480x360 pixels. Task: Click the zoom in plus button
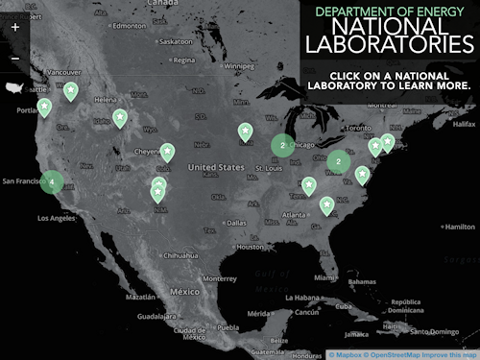pyautogui.click(x=15, y=28)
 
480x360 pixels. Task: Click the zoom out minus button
pyautogui.click(x=15, y=59)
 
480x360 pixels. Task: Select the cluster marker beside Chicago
pyautogui.click(x=282, y=145)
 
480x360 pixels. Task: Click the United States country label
pyautogui.click(x=216, y=167)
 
